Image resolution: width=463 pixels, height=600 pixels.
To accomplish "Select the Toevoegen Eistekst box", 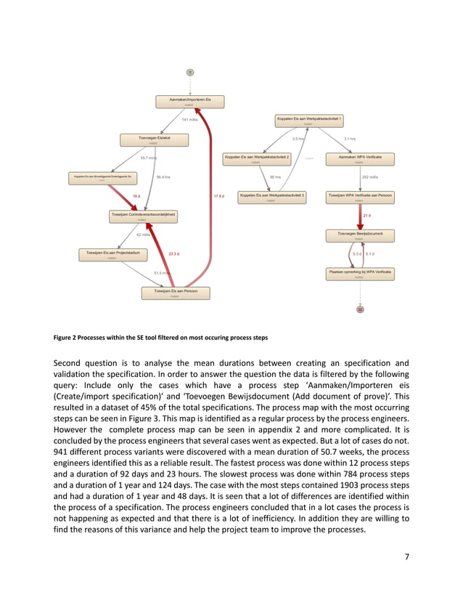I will [153, 139].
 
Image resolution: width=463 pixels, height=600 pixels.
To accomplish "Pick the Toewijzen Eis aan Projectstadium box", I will [112, 254].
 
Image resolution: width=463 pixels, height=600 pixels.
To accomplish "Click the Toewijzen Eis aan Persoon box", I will [176, 293].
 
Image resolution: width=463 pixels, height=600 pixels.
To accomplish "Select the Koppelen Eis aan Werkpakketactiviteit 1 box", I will [308, 120].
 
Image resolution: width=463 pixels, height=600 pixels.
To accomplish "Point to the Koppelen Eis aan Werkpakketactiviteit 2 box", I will [256, 158].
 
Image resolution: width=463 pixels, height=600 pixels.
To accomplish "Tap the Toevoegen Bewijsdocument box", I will [360, 235].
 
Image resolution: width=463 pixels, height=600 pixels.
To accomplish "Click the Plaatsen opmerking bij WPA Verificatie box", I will [360, 273].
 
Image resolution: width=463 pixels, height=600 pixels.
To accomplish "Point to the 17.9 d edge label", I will [219, 196].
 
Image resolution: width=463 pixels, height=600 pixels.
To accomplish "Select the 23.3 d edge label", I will [173, 254].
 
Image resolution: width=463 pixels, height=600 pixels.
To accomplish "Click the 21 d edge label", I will [366, 216].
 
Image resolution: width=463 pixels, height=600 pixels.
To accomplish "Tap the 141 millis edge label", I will [189, 120].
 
